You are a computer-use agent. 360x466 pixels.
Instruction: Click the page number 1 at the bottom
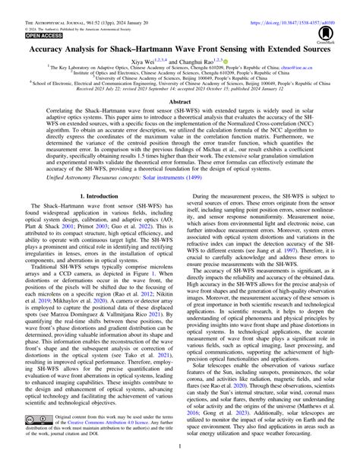pyautogui.click(x=179, y=460)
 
